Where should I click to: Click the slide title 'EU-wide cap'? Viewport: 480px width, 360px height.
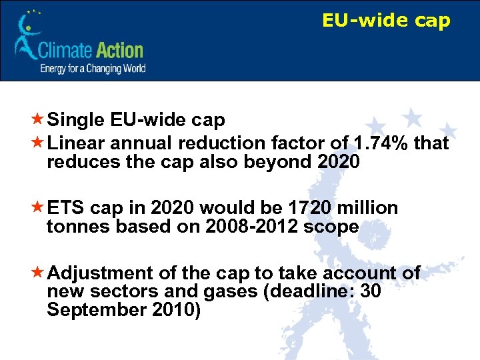(386, 21)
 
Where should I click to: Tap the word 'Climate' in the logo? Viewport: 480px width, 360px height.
(65, 51)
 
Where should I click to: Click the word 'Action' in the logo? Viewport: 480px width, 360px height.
(119, 51)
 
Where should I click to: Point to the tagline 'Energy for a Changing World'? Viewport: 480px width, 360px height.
(93, 68)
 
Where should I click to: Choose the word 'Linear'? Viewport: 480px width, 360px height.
(77, 143)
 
